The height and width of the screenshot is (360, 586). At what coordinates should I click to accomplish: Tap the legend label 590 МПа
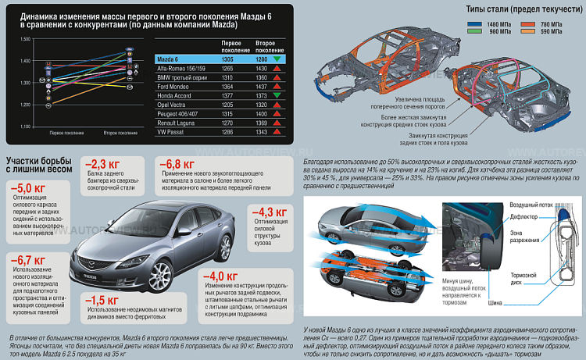pyautogui.click(x=555, y=34)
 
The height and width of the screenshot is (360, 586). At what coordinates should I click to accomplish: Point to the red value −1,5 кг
pyautogui.click(x=102, y=301)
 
